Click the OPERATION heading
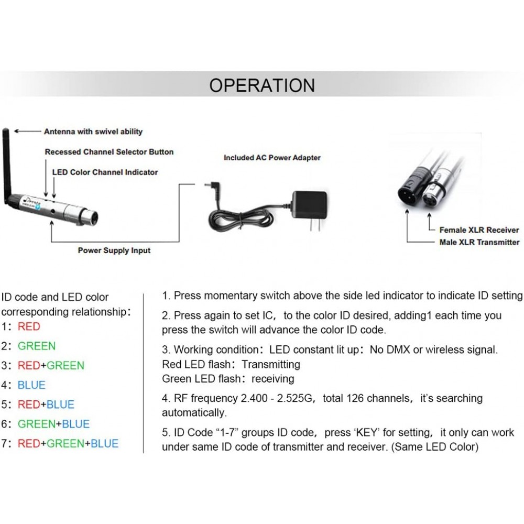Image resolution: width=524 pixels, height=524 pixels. pyautogui.click(x=262, y=85)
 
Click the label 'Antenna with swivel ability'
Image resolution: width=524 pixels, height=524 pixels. pyautogui.click(x=93, y=132)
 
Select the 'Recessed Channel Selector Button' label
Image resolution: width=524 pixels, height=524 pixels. pyautogui.click(x=110, y=152)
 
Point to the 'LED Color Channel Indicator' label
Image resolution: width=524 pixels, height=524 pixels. pyautogui.click(x=105, y=172)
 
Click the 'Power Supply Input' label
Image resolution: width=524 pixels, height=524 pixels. pyautogui.click(x=114, y=250)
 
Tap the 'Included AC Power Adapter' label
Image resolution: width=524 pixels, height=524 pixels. pyautogui.click(x=272, y=158)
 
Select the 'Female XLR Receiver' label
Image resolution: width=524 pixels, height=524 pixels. pyautogui.click(x=479, y=230)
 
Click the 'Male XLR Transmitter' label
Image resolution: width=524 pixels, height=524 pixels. pyautogui.click(x=479, y=242)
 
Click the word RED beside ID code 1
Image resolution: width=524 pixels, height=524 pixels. pyautogui.click(x=29, y=326)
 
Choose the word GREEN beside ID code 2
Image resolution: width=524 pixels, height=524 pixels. pyautogui.click(x=37, y=346)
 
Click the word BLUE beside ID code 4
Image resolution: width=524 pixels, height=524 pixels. pyautogui.click(x=31, y=385)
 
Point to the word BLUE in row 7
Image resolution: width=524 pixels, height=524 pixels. pyautogui.click(x=104, y=443)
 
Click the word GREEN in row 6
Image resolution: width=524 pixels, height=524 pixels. pyautogui.click(x=37, y=424)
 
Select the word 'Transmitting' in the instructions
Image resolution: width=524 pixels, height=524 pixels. pyautogui.click(x=271, y=364)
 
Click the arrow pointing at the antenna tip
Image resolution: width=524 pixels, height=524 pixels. pyautogui.click(x=27, y=132)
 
